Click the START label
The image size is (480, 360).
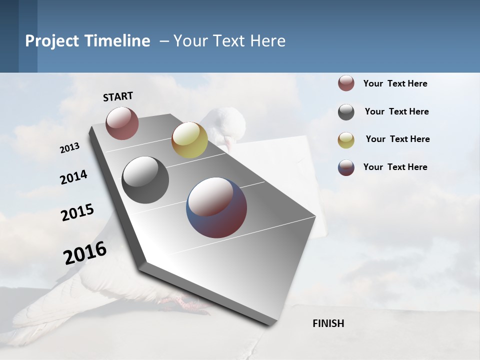click(x=118, y=96)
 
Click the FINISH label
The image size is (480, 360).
click(x=328, y=323)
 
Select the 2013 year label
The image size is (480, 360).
click(x=69, y=148)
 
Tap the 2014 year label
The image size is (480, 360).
click(x=73, y=177)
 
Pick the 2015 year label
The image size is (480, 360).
click(x=77, y=212)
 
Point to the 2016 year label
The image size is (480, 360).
click(x=85, y=253)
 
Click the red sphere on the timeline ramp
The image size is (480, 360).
click(x=122, y=123)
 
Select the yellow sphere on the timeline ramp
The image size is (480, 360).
click(x=189, y=140)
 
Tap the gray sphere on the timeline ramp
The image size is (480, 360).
click(x=145, y=180)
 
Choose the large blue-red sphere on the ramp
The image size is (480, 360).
click(x=216, y=207)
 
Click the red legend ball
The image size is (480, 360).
click(x=346, y=83)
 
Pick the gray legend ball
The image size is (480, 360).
click(x=346, y=112)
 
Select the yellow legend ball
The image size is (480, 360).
click(x=346, y=140)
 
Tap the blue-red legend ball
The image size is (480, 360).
click(x=346, y=167)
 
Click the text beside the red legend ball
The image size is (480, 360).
click(x=395, y=84)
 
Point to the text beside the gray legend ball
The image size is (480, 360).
click(x=396, y=111)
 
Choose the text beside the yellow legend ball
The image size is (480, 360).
click(x=397, y=139)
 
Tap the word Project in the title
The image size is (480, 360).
click(x=52, y=41)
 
